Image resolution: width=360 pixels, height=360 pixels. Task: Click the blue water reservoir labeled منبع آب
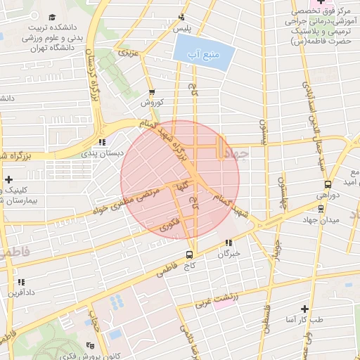coord(202,53)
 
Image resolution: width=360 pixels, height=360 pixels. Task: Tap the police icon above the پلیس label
coord(183,18)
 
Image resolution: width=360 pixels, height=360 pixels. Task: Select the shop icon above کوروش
coord(152,93)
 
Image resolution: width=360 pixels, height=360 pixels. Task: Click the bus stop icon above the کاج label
coord(189,255)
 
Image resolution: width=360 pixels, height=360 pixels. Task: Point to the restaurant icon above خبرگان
coord(228,243)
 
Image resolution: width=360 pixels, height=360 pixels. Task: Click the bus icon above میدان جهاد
coord(321,208)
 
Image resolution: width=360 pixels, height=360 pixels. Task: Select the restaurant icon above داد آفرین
coord(21,282)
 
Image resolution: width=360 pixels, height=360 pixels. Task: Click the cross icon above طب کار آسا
coord(304,309)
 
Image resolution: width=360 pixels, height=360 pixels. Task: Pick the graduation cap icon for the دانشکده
coord(51,17)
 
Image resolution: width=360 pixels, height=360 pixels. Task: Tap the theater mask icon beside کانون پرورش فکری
coord(89,345)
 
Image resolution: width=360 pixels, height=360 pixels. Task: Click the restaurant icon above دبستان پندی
coord(103,142)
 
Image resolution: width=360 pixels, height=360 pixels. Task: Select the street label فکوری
coord(169,225)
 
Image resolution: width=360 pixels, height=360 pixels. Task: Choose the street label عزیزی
coord(127,53)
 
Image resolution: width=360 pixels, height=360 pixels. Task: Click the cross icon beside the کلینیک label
coord(8,180)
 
